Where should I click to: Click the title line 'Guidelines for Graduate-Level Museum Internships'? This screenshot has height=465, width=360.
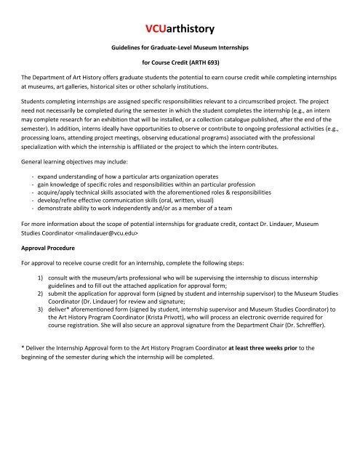(x=179, y=46)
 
